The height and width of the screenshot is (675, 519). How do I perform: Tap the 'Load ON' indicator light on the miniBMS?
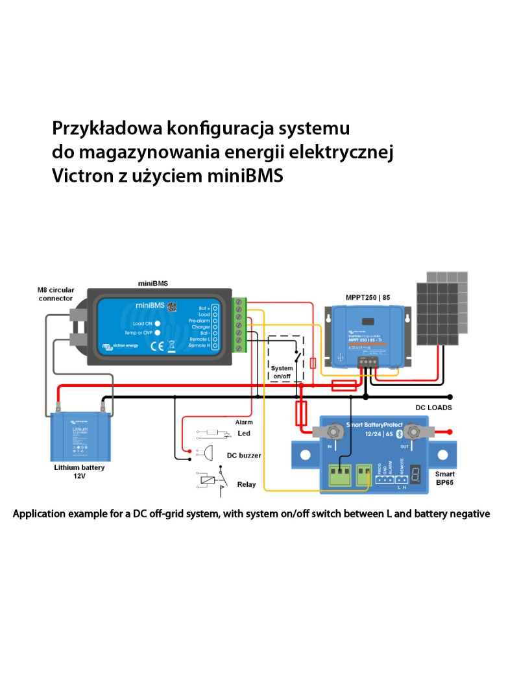click(157, 323)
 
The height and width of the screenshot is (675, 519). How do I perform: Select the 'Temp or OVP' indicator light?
click(157, 332)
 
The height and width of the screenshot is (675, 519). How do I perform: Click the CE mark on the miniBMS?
click(156, 345)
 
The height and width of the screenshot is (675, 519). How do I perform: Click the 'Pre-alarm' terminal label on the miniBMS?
click(199, 321)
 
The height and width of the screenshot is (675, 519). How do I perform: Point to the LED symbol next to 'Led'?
click(211, 433)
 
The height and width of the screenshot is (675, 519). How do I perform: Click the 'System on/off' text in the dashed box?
click(282, 372)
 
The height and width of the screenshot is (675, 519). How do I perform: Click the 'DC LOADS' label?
click(433, 408)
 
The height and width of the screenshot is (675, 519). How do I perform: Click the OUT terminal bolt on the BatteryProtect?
click(411, 432)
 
